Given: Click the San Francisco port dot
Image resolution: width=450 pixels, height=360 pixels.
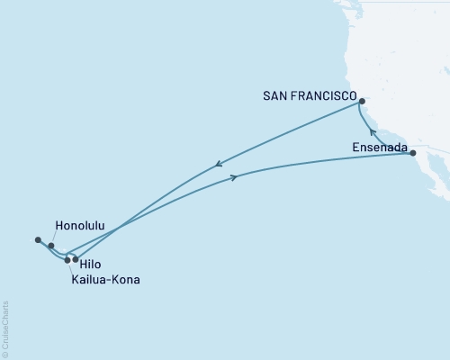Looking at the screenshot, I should coord(362,114).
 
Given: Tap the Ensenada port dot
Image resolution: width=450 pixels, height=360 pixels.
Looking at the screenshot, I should coord(413,154).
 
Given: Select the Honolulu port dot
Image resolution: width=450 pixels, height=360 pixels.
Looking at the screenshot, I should coord(51,246).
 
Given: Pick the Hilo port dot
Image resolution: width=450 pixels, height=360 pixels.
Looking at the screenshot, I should coord(76,259).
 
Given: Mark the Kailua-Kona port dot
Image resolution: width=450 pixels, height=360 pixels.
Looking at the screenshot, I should coord(67,260).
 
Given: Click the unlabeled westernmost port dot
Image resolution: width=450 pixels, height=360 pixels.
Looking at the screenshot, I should coord(38,239).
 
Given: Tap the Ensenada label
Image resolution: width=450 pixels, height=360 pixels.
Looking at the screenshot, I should coord(381,144).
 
